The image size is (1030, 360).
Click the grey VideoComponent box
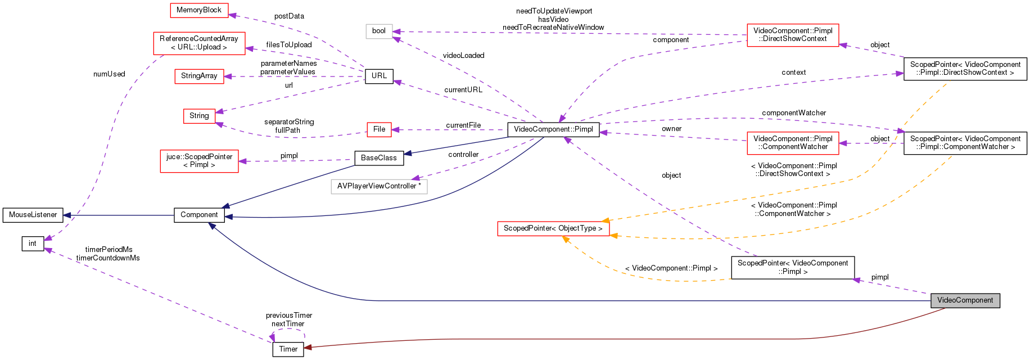pyautogui.click(x=965, y=300)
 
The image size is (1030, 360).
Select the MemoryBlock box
pyautogui.click(x=199, y=10)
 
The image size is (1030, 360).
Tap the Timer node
pyautogui.click(x=288, y=349)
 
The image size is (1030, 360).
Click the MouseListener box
pyautogui.click(x=33, y=215)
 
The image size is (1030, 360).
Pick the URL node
pyautogui.click(x=379, y=76)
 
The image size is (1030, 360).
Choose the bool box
pyautogui.click(x=379, y=31)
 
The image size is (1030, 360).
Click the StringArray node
pyautogui.click(x=199, y=76)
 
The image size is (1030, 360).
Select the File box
pyautogui.click(x=379, y=129)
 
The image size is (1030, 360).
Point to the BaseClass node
pyautogui.click(x=378, y=158)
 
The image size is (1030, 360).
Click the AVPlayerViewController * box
pyautogui.click(x=379, y=186)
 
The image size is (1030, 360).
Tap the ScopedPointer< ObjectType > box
pyautogui.click(x=553, y=228)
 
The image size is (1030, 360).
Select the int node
pyautogui.click(x=33, y=244)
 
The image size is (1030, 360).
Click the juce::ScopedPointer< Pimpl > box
pyautogui.click(x=199, y=161)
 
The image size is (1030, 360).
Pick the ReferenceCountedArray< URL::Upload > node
pyautogui.click(x=199, y=43)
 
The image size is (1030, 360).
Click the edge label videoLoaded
pyautogui.click(x=463, y=56)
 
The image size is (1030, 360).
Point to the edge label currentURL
pyautogui.click(x=463, y=90)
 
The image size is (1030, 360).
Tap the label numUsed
pyautogui.click(x=109, y=74)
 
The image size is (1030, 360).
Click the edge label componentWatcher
pyautogui.click(x=794, y=113)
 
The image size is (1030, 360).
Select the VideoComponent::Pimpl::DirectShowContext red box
pyautogui.click(x=793, y=35)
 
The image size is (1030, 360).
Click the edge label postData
pyautogui.click(x=289, y=16)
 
